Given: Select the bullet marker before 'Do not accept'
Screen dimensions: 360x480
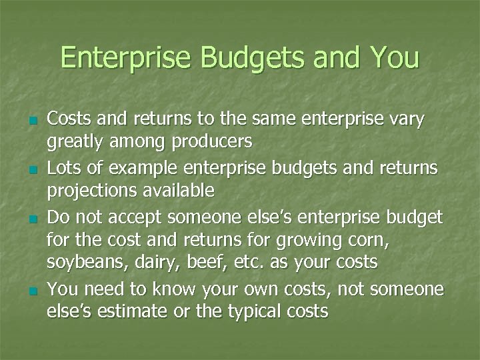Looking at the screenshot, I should (33, 218).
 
